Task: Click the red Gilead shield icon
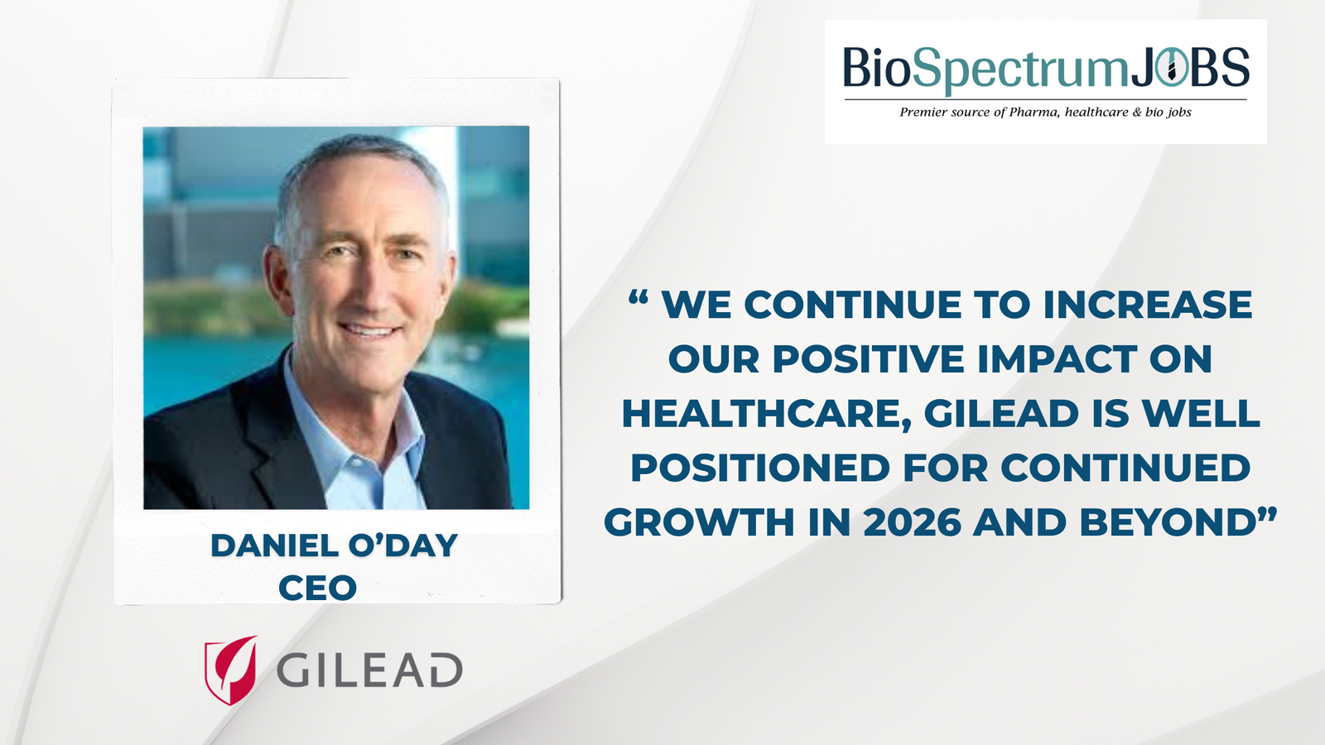pyautogui.click(x=230, y=670)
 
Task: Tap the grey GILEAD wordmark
pyautogui.click(x=369, y=670)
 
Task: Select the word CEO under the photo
pyautogui.click(x=317, y=589)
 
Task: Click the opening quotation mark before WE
pyautogui.click(x=637, y=299)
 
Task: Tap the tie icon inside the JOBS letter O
pyautogui.click(x=1170, y=69)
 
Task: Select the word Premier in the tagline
pyautogui.click(x=923, y=112)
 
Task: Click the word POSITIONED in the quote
pyautogui.click(x=760, y=468)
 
